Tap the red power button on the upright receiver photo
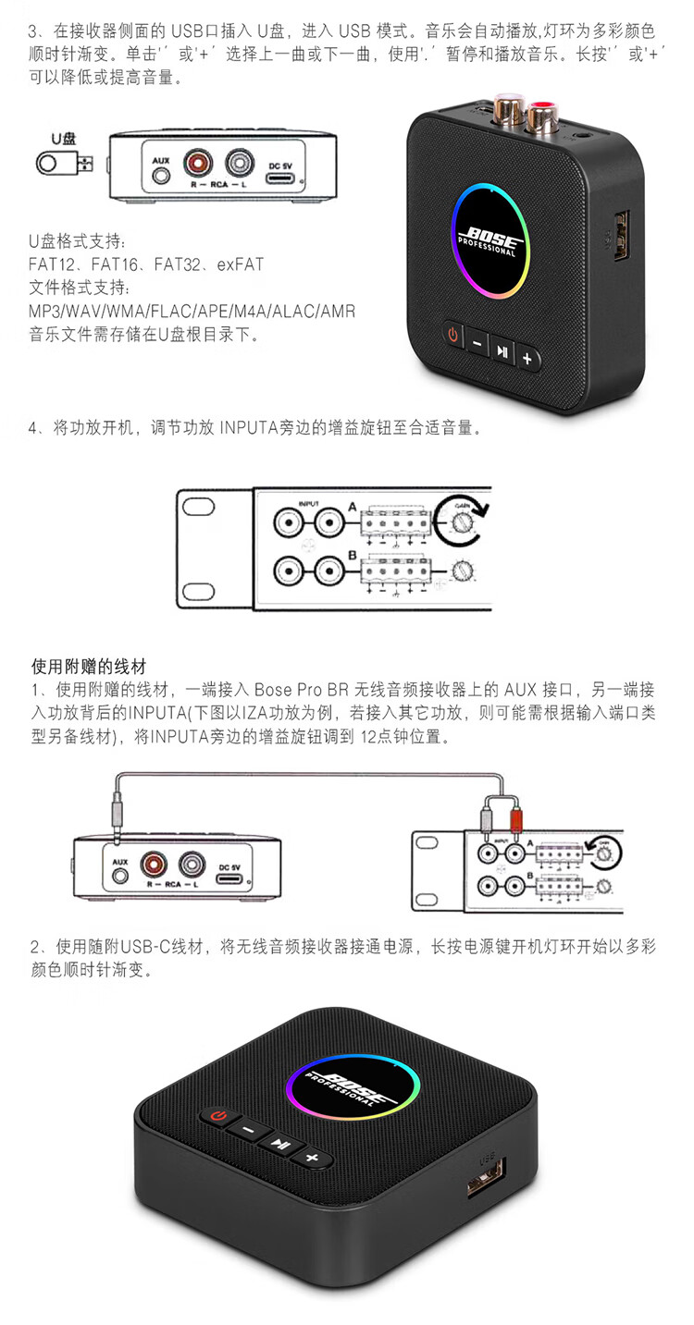(x=452, y=334)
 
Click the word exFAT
(x=241, y=264)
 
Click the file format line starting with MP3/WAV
(x=192, y=311)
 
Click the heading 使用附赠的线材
(x=89, y=666)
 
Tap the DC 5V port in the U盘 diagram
(x=280, y=173)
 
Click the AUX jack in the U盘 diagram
(x=161, y=173)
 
